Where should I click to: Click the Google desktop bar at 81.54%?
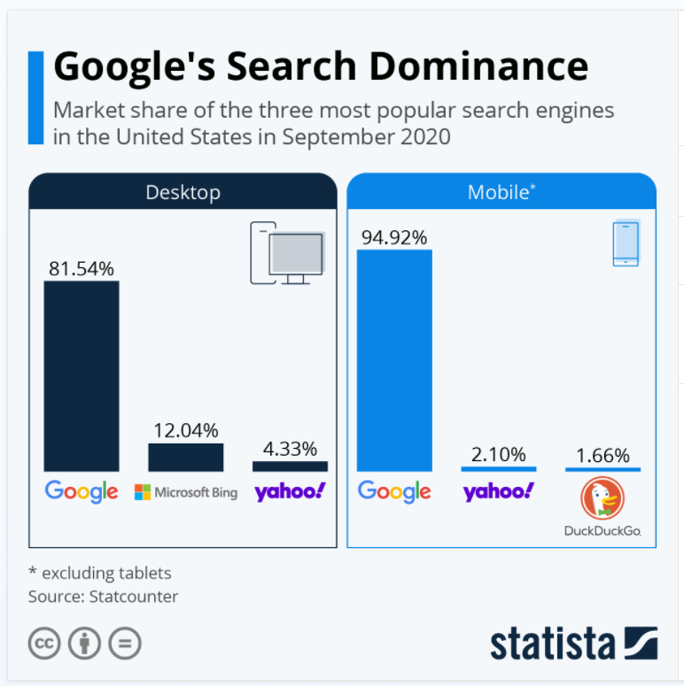82,376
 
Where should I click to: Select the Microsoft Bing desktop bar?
185,458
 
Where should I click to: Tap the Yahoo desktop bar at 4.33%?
290,466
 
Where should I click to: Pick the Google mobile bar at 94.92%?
394,360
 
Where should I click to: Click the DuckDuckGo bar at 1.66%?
602,469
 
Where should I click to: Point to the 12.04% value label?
185,431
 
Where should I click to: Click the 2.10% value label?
499,455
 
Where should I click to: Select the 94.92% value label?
394,237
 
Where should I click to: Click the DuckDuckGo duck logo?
602,499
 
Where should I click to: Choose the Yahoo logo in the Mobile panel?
499,492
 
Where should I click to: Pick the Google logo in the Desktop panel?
82,492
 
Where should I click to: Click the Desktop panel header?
183,192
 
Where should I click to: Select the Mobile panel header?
501,192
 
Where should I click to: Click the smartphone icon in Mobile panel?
626,243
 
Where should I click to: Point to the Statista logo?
574,644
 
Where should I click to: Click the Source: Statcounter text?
103,597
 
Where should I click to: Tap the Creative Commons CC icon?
43,644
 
